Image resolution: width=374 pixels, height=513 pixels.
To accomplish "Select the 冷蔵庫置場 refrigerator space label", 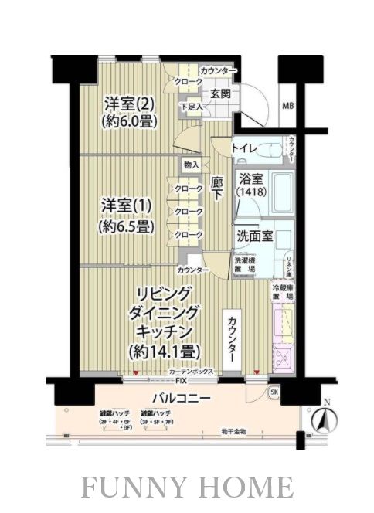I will [282, 291].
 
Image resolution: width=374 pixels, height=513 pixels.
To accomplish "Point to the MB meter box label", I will [287, 105].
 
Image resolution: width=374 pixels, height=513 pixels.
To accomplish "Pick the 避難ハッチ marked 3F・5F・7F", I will [157, 418].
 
